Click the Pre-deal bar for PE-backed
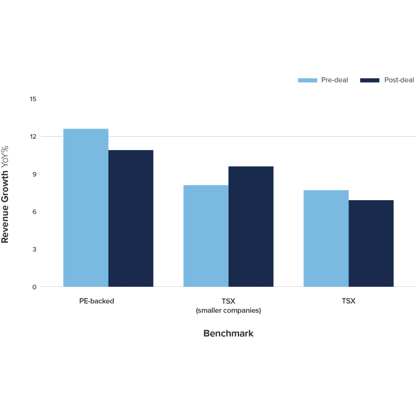pyautogui.click(x=86, y=208)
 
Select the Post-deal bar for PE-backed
pyautogui.click(x=131, y=219)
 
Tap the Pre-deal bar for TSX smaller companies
pyautogui.click(x=206, y=236)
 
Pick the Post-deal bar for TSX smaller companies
pyautogui.click(x=251, y=226)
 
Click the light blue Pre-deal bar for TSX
pyautogui.click(x=326, y=238)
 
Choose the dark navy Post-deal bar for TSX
pyautogui.click(x=371, y=243)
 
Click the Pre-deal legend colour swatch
pyautogui.click(x=307, y=80)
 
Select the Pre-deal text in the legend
pyautogui.click(x=335, y=80)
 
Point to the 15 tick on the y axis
pyautogui.click(x=33, y=99)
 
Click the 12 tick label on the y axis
pyautogui.click(x=33, y=137)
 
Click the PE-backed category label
pyautogui.click(x=97, y=301)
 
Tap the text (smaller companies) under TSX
pyautogui.click(x=228, y=311)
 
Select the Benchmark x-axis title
pyautogui.click(x=228, y=334)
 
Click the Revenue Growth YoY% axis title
pyautogui.click(x=6, y=194)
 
